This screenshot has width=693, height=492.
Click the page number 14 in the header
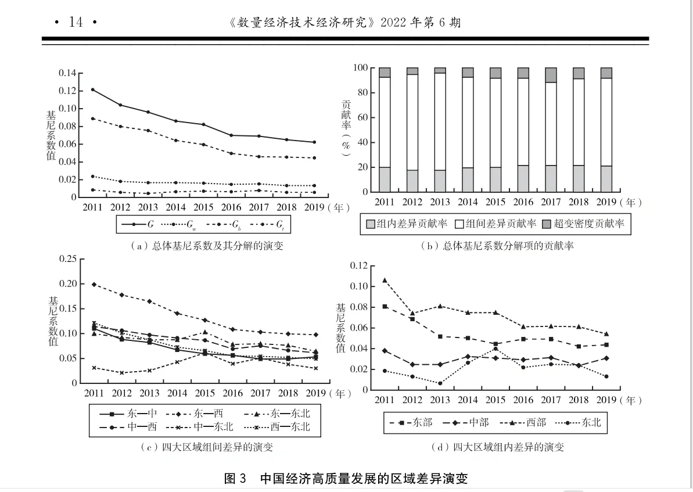[76, 22]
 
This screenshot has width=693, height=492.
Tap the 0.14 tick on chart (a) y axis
[67, 73]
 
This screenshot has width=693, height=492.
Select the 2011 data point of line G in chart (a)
[93, 89]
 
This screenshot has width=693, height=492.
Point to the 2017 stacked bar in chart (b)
[550, 130]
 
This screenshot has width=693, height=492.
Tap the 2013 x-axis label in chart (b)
[440, 203]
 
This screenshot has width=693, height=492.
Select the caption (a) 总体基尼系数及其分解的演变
[207, 246]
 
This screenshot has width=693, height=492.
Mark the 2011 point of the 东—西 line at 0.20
[94, 284]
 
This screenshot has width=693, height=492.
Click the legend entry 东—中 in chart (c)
[127, 414]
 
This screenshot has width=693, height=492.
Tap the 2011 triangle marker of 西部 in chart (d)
[385, 280]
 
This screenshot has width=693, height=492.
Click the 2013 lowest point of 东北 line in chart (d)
[440, 383]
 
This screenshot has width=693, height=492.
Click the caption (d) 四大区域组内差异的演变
[497, 447]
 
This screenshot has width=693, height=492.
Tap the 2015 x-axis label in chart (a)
[203, 207]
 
